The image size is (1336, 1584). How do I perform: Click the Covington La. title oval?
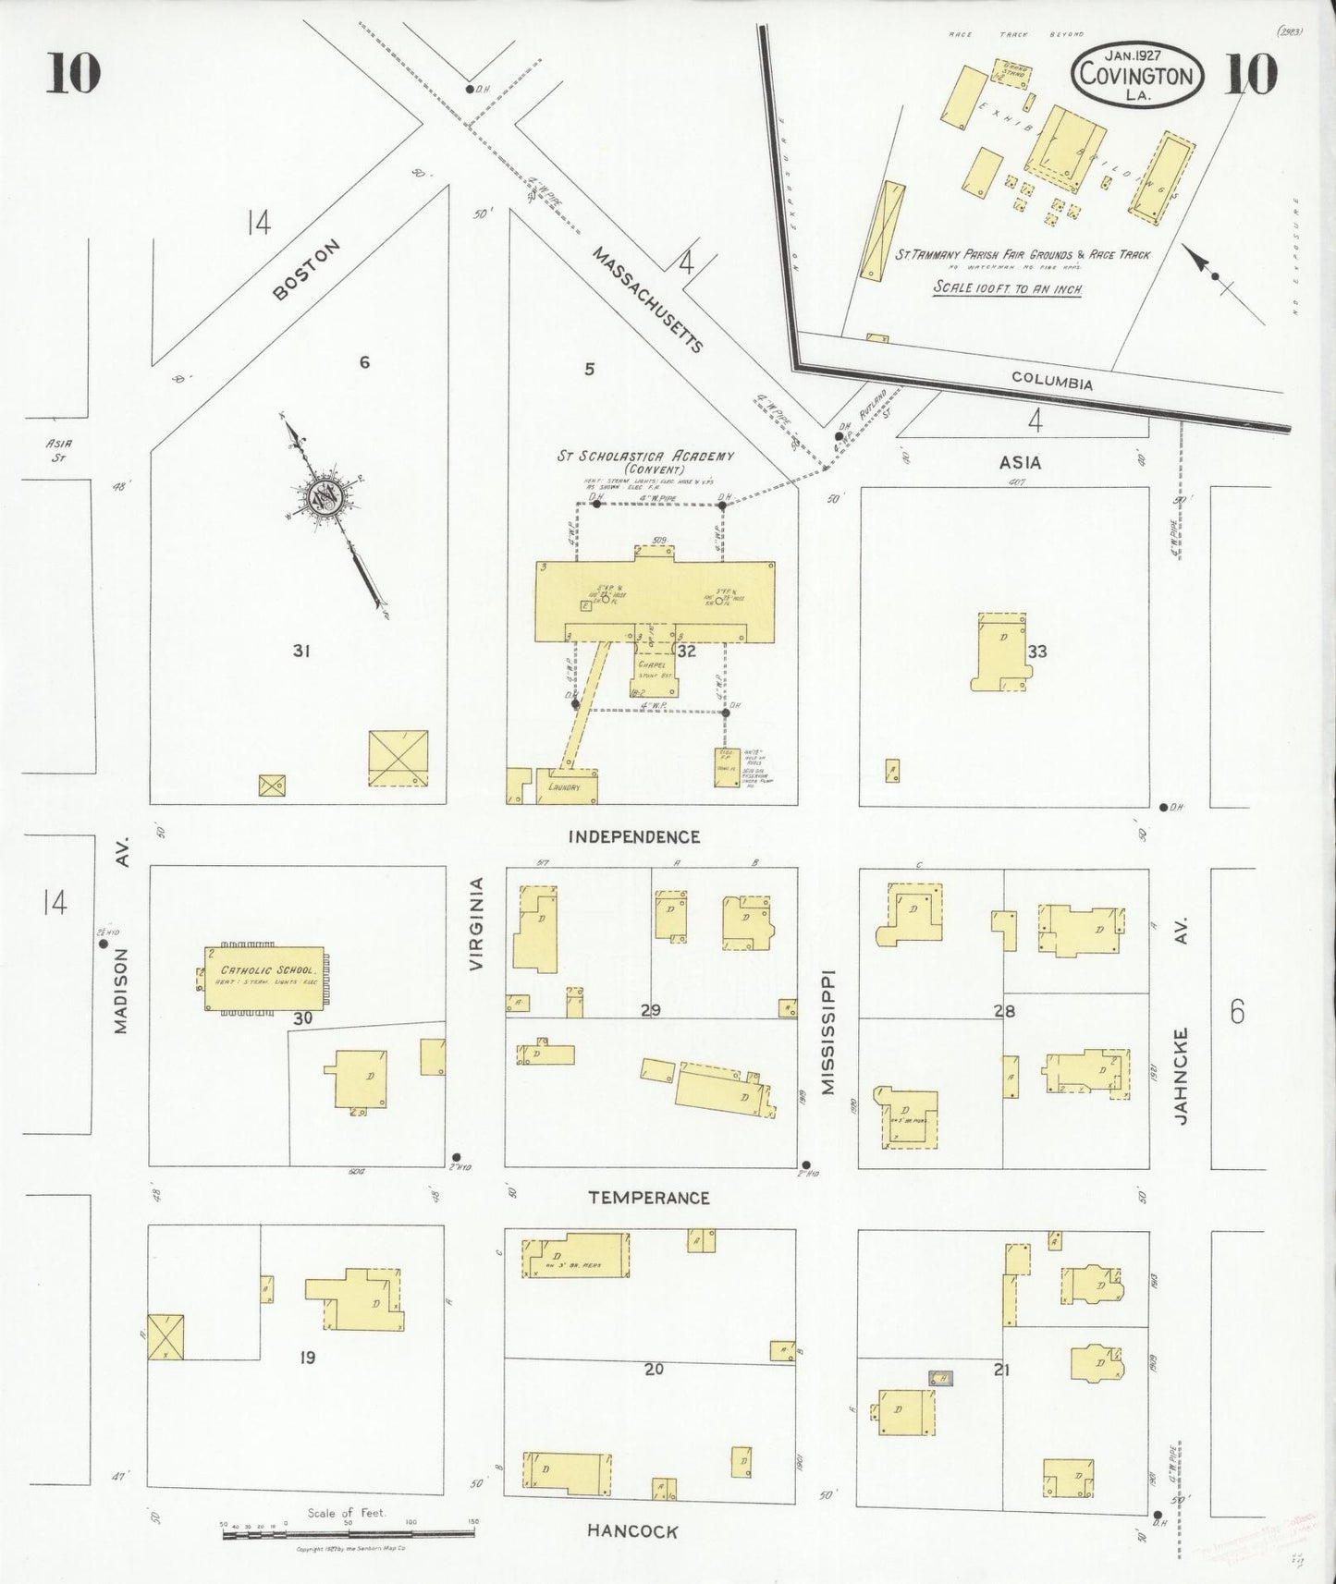(1136, 73)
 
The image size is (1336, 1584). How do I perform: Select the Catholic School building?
(265, 978)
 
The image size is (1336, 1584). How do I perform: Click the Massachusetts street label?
(647, 299)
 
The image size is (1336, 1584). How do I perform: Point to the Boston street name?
(307, 270)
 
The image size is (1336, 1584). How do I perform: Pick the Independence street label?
(633, 836)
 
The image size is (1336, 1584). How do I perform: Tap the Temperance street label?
(649, 1198)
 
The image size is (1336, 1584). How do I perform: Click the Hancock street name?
(632, 1531)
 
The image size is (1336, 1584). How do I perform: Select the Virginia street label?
(476, 923)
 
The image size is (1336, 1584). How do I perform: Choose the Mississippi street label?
(827, 1031)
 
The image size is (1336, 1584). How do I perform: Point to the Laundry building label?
(563, 787)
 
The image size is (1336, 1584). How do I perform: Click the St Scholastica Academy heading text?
(644, 456)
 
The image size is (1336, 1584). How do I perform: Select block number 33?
(1036, 652)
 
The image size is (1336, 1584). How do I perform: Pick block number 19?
(307, 1358)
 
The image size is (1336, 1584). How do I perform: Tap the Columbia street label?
(1051, 382)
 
